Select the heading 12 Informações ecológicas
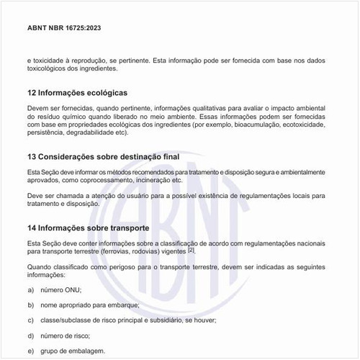pyautogui.click(x=77, y=93)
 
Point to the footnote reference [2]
pyautogui.click(x=192, y=251)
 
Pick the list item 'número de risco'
pyautogui.click(x=66, y=335)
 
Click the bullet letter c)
pyautogui.click(x=32, y=320)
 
